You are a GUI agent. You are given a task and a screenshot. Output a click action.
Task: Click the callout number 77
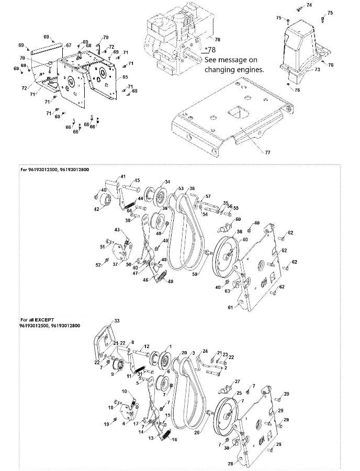[267, 152]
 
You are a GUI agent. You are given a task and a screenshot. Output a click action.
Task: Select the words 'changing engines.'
[234, 69]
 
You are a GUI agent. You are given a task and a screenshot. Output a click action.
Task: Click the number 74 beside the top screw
[309, 5]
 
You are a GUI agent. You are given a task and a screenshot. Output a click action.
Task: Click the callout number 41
[123, 177]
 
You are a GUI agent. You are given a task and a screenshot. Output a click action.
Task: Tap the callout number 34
[167, 182]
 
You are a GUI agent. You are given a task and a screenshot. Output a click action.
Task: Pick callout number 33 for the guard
[117, 320]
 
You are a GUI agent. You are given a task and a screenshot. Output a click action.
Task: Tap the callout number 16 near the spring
[174, 440]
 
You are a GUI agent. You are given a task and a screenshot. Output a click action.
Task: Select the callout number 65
[125, 77]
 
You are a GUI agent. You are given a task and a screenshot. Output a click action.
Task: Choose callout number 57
[208, 197]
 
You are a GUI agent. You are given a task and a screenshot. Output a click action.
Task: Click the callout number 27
[237, 382]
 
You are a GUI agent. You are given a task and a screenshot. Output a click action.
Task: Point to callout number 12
[147, 346]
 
